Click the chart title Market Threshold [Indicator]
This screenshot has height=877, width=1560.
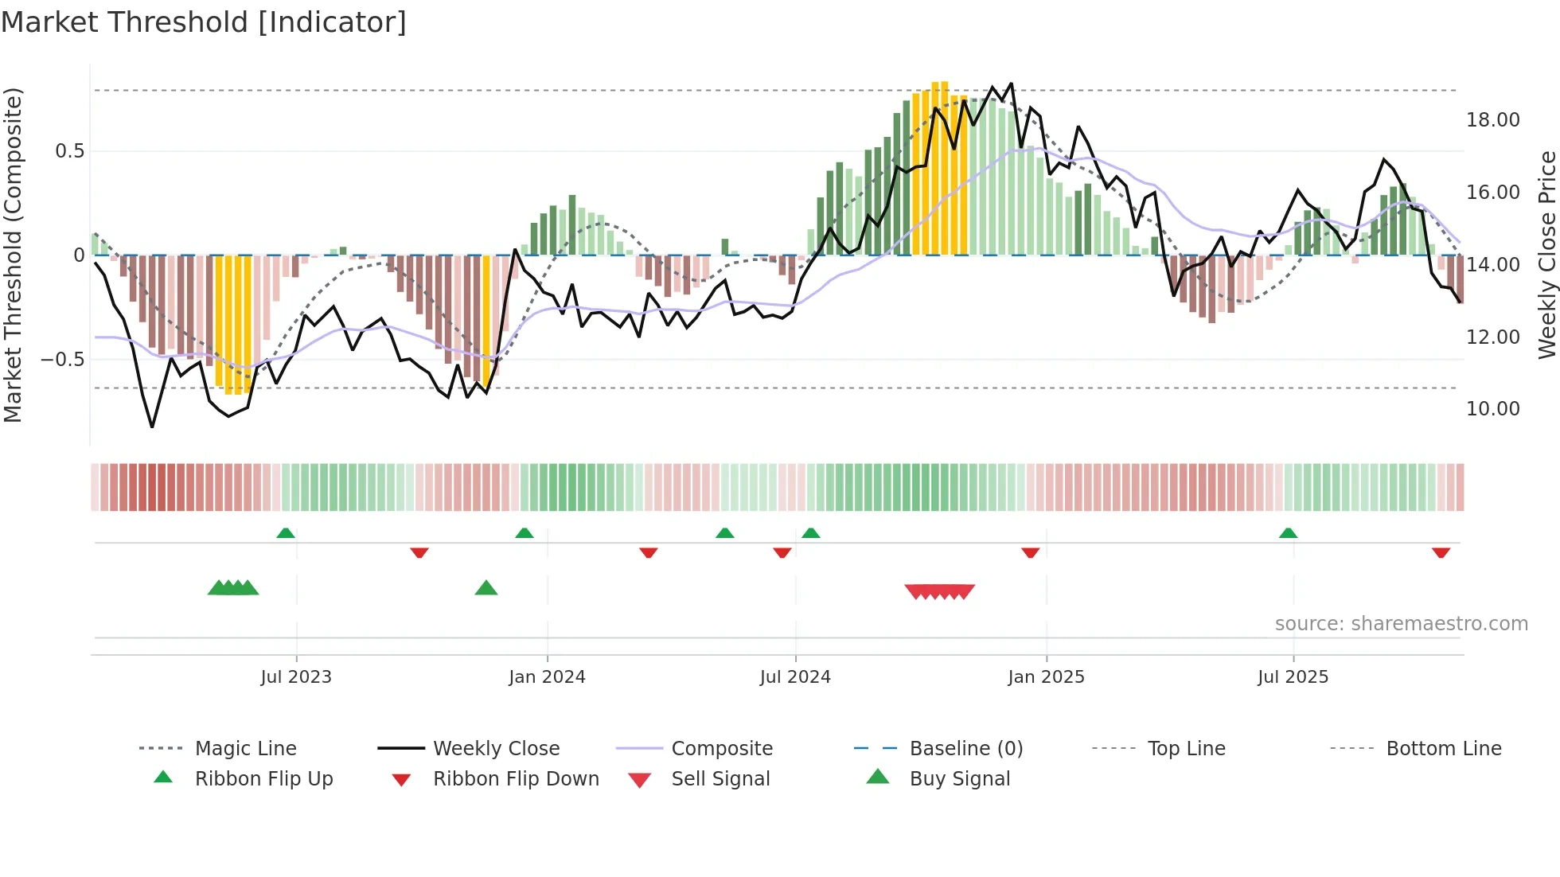pos(204,22)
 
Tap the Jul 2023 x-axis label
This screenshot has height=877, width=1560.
pos(296,677)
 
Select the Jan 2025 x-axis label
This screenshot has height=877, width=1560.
pos(1046,677)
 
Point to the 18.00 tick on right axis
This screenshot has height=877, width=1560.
pos(1492,120)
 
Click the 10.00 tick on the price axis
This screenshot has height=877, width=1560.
pos(1492,409)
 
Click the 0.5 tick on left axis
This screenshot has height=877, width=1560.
pos(69,151)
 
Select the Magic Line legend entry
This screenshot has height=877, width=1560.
pos(245,749)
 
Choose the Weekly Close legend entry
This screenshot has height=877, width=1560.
pos(496,749)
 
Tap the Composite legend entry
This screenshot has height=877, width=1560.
pos(721,749)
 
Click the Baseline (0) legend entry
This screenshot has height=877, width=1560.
pos(965,749)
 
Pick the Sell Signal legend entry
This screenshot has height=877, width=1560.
pos(720,779)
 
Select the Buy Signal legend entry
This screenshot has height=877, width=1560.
pos(959,779)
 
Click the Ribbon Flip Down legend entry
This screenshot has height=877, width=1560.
pos(516,779)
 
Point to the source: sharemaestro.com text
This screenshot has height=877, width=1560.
pos(1401,624)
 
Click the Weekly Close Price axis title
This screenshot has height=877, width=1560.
pos(1546,255)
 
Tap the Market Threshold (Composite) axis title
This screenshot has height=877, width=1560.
pos(13,255)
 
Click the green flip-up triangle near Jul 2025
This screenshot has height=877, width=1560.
pos(1288,533)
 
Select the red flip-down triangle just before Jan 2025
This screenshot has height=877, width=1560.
pos(1030,552)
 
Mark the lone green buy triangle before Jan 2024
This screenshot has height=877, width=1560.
pos(486,588)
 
